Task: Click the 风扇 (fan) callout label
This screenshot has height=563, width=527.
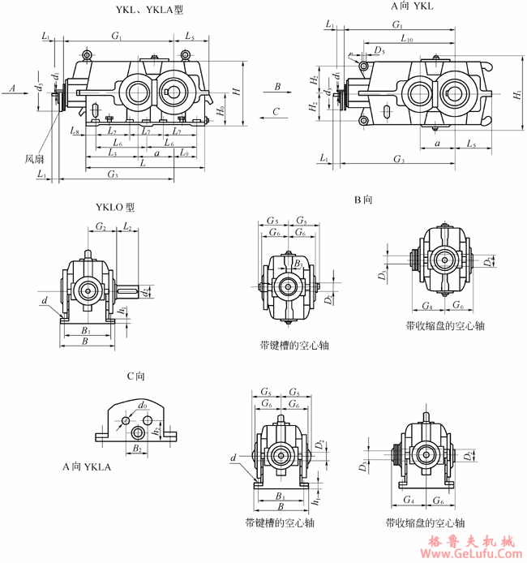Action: pyautogui.click(x=35, y=159)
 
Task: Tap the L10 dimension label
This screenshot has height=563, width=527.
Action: pyautogui.click(x=405, y=38)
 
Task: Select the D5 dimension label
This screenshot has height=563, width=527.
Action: pyautogui.click(x=379, y=50)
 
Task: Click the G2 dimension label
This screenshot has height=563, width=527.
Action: pyautogui.click(x=101, y=227)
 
